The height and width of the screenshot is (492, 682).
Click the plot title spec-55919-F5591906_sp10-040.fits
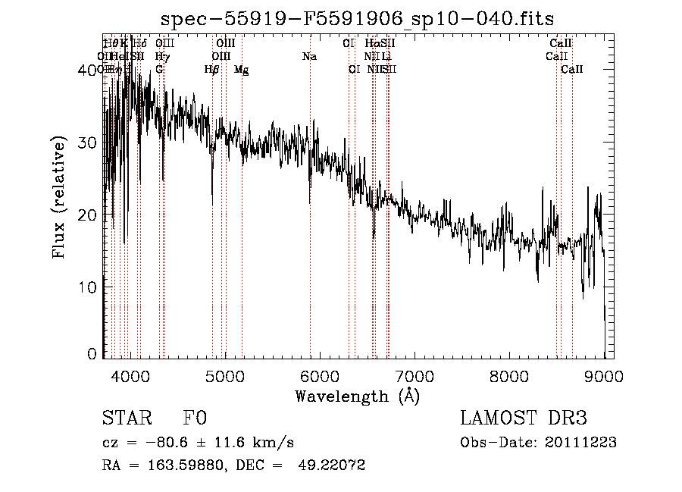pyautogui.click(x=357, y=19)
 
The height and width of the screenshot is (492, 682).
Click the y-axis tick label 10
pyautogui.click(x=89, y=287)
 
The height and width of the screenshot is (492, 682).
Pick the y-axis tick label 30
pyautogui.click(x=89, y=143)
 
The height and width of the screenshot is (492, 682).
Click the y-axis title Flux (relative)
pyautogui.click(x=60, y=199)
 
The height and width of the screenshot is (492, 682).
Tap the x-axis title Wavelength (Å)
pyautogui.click(x=357, y=396)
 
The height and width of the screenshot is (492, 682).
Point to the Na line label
pyautogui.click(x=309, y=56)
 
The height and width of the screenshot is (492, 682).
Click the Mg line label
pyautogui.click(x=242, y=70)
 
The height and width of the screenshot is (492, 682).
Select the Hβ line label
pyautogui.click(x=212, y=70)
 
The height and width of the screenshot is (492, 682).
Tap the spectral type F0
pyautogui.click(x=195, y=419)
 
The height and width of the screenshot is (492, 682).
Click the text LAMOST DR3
pyautogui.click(x=523, y=419)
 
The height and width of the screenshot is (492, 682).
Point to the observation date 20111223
pyautogui.click(x=584, y=443)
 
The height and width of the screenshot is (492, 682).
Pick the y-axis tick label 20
pyautogui.click(x=89, y=215)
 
